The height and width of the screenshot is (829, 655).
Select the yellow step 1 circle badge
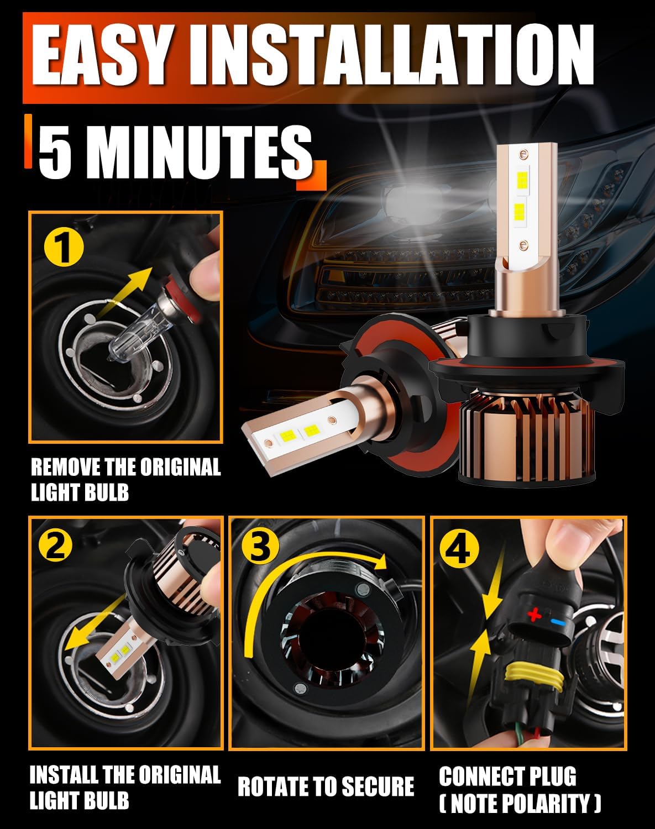(x=64, y=248)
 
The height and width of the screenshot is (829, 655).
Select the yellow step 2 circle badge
(x=55, y=547)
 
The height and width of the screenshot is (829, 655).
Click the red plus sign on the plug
(x=533, y=615)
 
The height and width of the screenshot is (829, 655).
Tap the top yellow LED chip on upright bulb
(x=520, y=180)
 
